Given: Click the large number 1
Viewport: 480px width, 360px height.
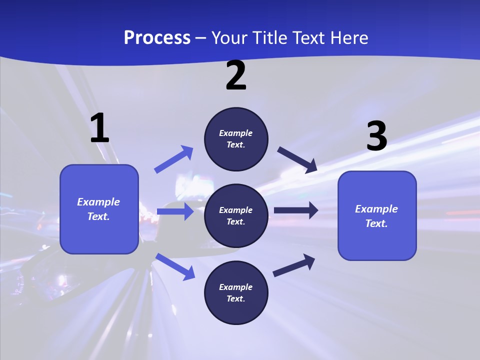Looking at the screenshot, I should pos(99,128).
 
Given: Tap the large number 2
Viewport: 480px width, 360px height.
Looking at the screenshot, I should pos(236,75).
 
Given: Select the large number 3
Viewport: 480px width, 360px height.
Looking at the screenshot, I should pos(376,136).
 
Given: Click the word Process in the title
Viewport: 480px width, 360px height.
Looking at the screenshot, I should pos(157,37).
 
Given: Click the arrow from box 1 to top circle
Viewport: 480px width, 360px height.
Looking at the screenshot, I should pos(174,159).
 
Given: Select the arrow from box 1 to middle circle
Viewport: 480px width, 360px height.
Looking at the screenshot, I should pos(175,211).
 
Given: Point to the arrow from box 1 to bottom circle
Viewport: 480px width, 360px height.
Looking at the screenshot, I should pos(175,266).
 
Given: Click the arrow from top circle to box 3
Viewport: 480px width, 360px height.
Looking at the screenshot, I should pos(297,159).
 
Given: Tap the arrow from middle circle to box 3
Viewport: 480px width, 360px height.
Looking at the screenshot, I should pos(296,210).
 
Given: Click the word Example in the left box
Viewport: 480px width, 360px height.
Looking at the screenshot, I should pos(98,202).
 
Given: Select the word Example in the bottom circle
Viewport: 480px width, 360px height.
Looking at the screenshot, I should pos(236,287).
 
